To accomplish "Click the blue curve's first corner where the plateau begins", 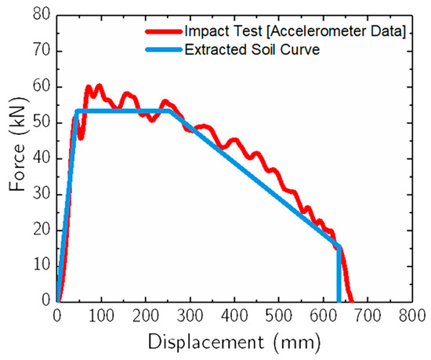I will (76, 111).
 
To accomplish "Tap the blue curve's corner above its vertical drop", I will (339, 246).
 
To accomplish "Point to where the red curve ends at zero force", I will (352, 301).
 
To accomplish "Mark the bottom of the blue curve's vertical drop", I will (339, 300).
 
